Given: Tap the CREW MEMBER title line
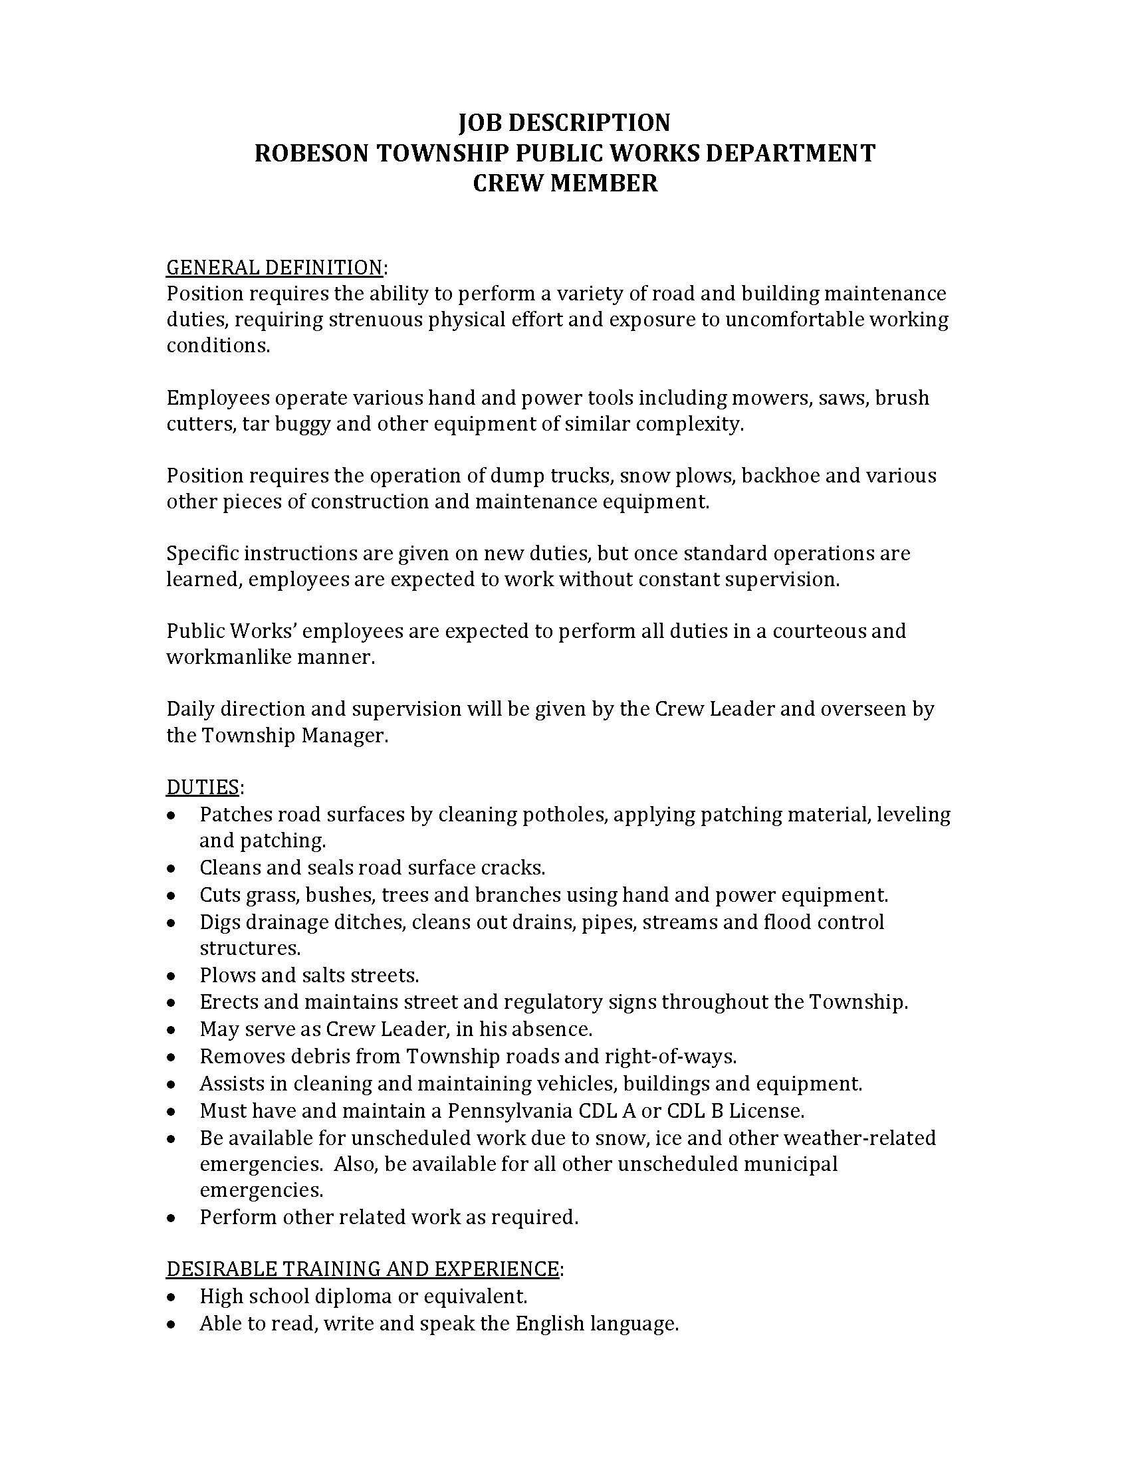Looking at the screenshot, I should pyautogui.click(x=565, y=183).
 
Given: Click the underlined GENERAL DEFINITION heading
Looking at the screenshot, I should pyautogui.click(x=274, y=267).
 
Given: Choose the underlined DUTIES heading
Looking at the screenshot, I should pyautogui.click(x=202, y=787).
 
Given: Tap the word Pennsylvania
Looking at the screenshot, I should pyautogui.click(x=510, y=1110).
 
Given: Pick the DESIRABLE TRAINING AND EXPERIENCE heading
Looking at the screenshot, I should pyautogui.click(x=362, y=1269).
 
